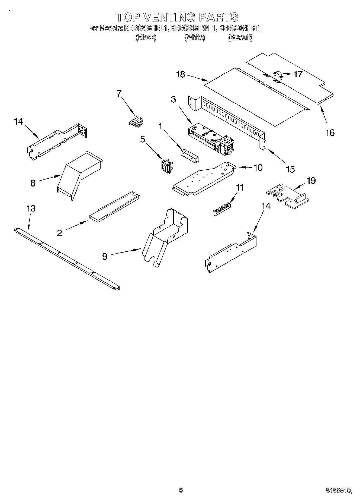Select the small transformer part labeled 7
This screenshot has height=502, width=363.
137,121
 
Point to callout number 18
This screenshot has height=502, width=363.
180,74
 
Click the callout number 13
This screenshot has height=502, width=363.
31,209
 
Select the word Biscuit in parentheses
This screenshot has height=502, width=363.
240,37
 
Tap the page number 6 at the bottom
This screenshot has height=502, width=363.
181,490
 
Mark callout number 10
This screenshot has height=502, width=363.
258,168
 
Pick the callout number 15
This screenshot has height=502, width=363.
290,169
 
